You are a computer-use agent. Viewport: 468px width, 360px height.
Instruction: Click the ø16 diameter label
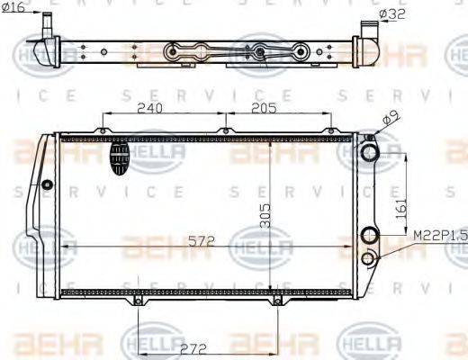[x=14, y=8]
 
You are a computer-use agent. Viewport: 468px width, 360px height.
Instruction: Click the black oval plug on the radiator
[x=120, y=159]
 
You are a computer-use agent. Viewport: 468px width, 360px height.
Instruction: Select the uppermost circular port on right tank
[x=368, y=152]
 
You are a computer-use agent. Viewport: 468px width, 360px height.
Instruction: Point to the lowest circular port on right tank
[x=368, y=259]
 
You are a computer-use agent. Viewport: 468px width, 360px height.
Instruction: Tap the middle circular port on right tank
[x=368, y=236]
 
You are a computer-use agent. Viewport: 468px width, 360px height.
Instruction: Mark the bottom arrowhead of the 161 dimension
[x=392, y=235]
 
